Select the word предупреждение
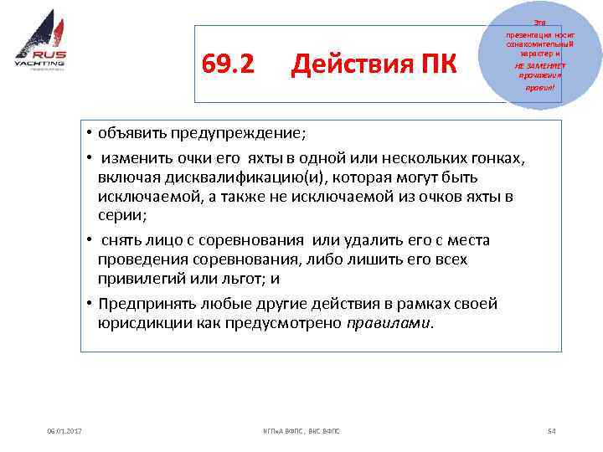240,134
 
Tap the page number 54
550,430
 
